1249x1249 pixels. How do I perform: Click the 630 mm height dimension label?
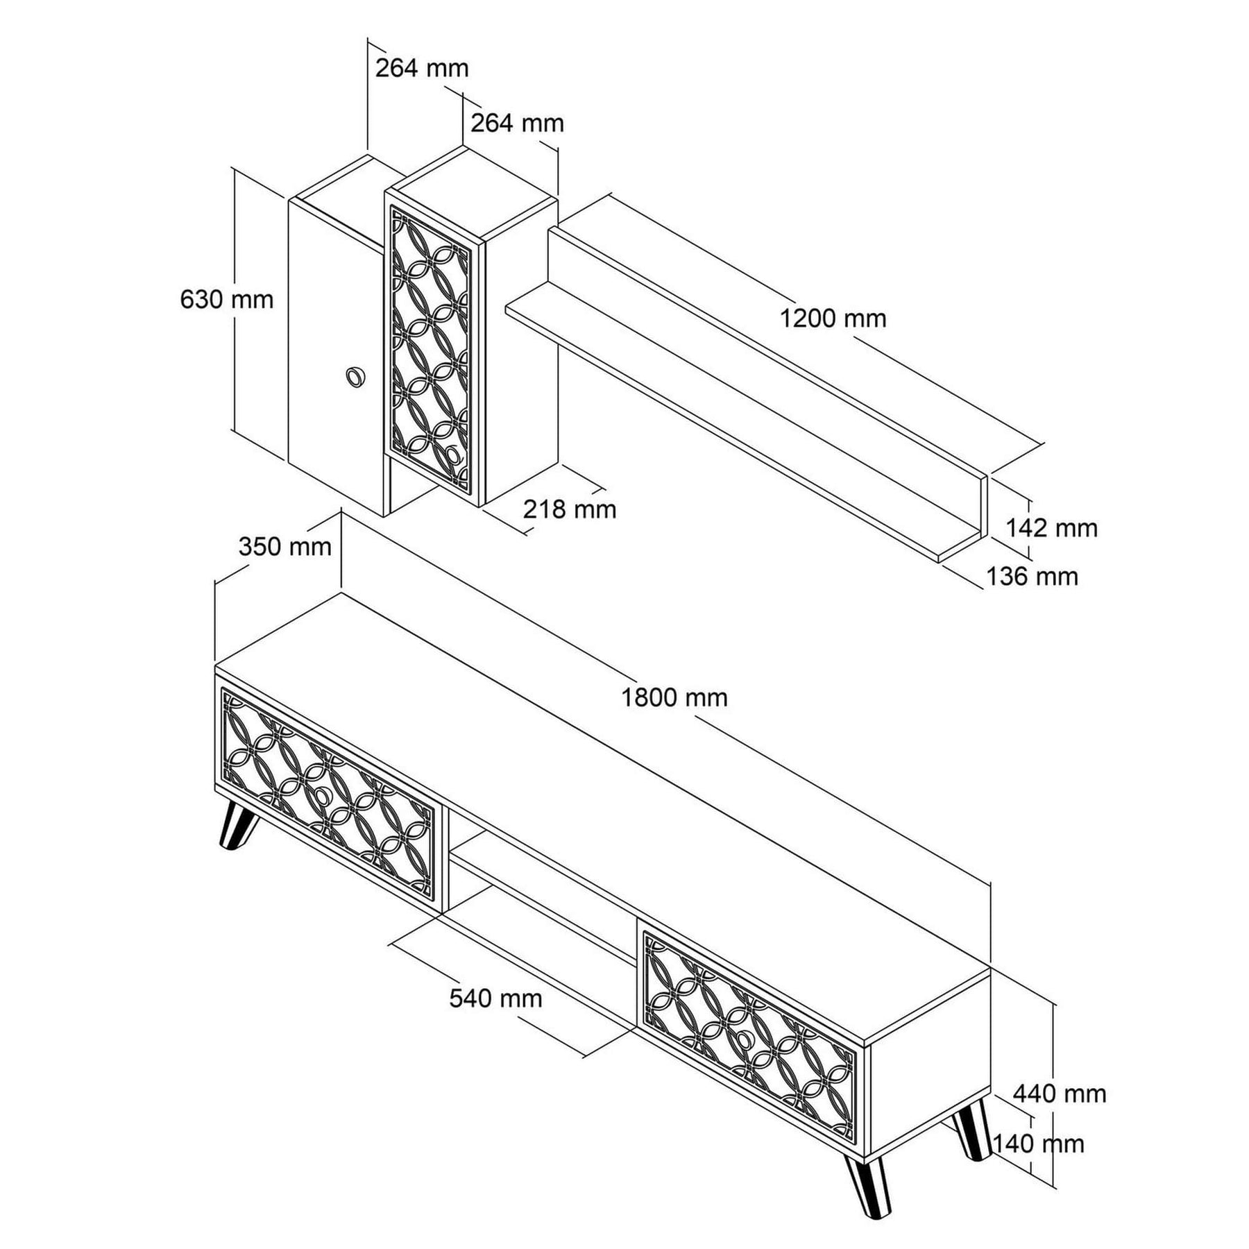click(x=226, y=300)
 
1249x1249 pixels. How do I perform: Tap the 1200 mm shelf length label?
click(x=833, y=318)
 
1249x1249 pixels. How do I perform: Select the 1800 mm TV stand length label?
click(x=674, y=697)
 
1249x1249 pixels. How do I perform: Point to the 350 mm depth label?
click(x=284, y=547)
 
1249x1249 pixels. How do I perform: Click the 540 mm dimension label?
click(x=495, y=999)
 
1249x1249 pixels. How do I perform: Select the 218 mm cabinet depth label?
click(x=569, y=509)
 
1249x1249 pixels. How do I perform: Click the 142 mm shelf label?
click(x=1051, y=528)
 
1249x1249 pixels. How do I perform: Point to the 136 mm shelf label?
click(x=1032, y=577)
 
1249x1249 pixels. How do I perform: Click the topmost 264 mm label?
click(x=422, y=68)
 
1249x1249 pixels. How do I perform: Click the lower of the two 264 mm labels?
click(x=517, y=123)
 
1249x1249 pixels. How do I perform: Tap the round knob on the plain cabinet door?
click(x=355, y=376)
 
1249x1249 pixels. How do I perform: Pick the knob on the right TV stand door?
click(x=745, y=1039)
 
